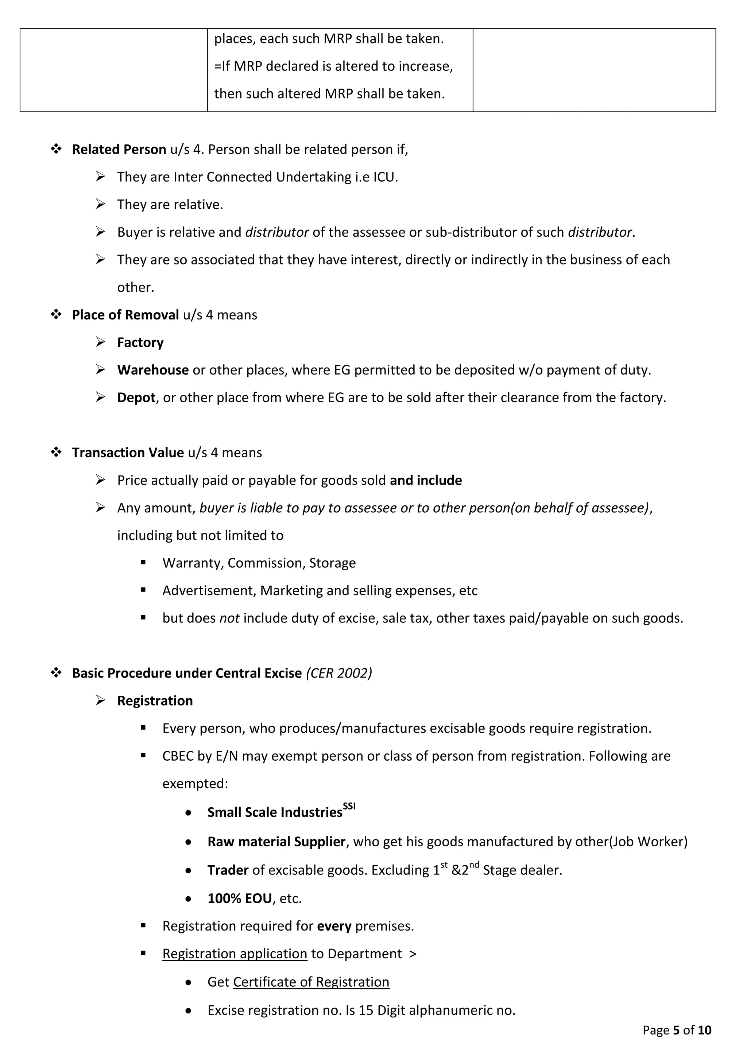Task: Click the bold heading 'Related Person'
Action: point(119,150)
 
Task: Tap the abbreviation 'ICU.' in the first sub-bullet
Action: point(385,177)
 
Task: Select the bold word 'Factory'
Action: point(140,343)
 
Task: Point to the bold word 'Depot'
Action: point(136,398)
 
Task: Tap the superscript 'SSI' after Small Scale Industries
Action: point(349,806)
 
